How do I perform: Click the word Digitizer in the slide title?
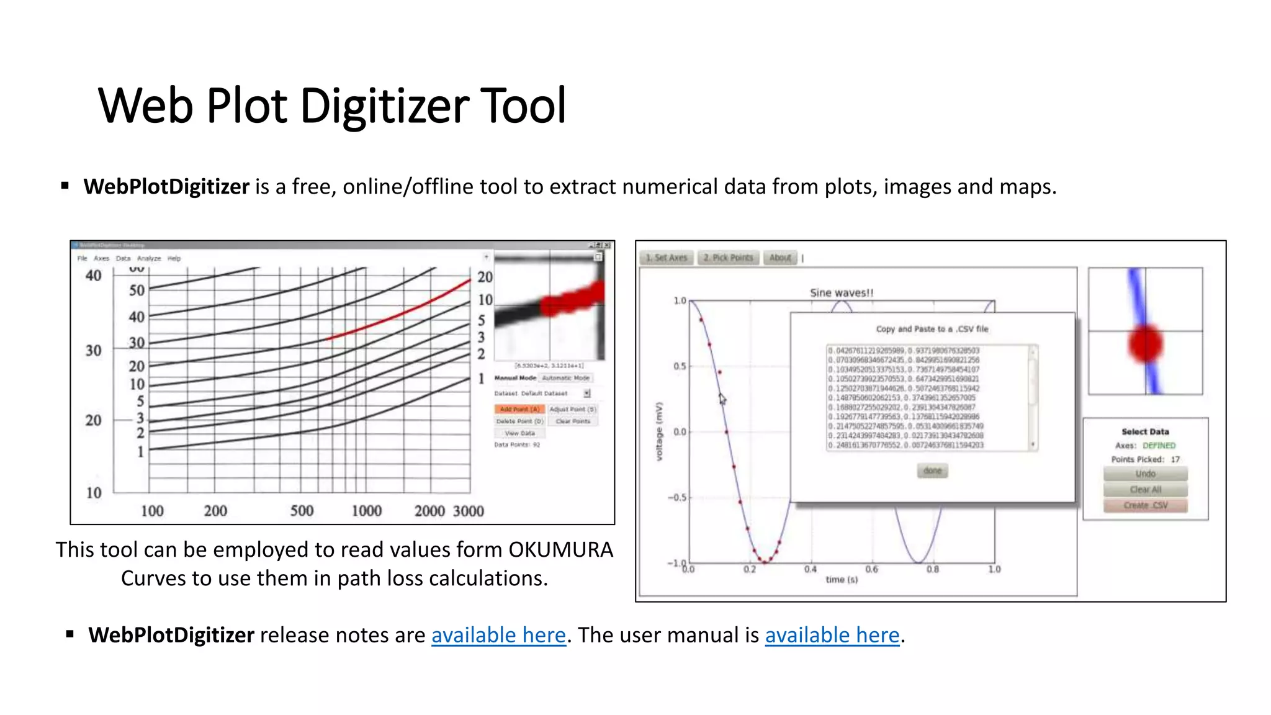[x=385, y=106]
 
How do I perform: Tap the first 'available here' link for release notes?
[x=498, y=635]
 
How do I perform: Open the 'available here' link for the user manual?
[x=832, y=635]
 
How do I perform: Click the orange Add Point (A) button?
[x=519, y=409]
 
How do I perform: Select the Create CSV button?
[x=1145, y=505]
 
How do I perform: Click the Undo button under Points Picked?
[x=1145, y=474]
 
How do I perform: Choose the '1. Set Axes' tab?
[x=666, y=258]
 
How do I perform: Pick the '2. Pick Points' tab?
[x=728, y=258]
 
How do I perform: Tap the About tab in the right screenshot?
[x=779, y=258]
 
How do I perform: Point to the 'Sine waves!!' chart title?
[x=841, y=293]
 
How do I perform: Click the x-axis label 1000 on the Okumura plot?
[x=366, y=511]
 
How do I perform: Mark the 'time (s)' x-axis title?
[x=841, y=580]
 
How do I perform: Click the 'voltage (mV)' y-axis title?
[x=659, y=431]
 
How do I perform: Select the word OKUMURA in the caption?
[x=560, y=550]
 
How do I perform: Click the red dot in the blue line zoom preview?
[x=1145, y=344]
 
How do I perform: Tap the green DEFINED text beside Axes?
[x=1159, y=446]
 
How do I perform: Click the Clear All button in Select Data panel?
[x=1145, y=490]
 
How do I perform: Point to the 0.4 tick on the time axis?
[x=810, y=569]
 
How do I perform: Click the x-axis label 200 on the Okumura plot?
[x=215, y=511]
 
